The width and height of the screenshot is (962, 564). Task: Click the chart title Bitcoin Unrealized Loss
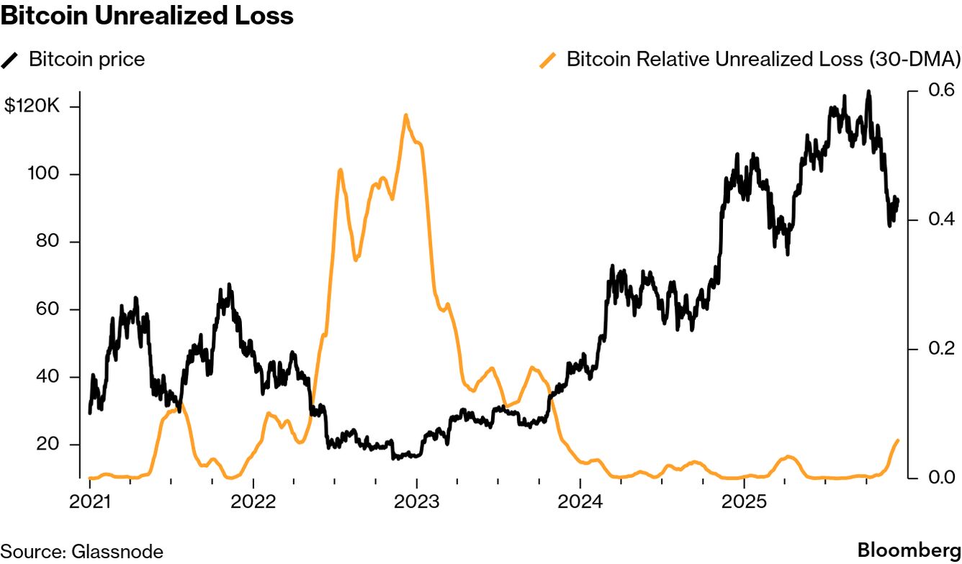tap(147, 16)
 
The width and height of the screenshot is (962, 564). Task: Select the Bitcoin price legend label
tap(86, 59)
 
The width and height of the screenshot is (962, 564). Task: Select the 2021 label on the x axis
tap(90, 501)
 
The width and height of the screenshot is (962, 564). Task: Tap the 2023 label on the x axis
tap(417, 501)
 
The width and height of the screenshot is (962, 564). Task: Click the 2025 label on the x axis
tap(744, 501)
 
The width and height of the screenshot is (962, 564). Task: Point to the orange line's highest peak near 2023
tap(406, 115)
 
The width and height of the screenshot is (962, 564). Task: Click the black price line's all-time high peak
tap(868, 92)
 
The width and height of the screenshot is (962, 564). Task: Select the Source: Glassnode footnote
tap(81, 552)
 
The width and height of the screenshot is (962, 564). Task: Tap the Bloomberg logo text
tap(909, 551)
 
